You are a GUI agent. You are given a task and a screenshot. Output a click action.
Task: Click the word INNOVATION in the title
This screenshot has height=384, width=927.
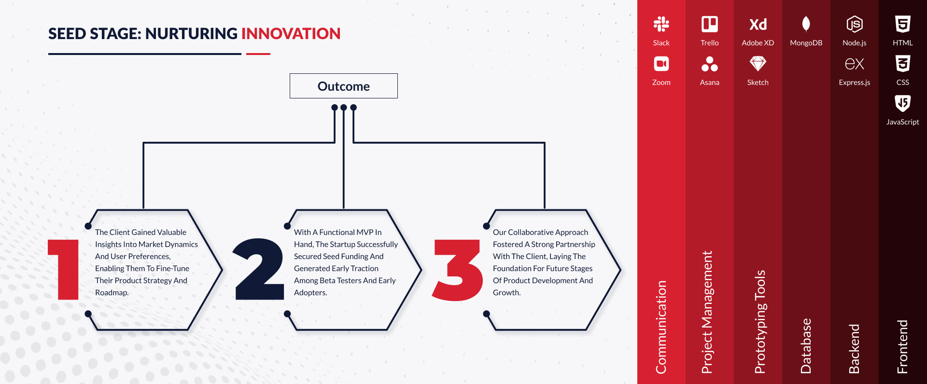(x=291, y=34)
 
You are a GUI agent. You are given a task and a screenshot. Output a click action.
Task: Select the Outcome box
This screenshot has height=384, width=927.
(x=343, y=86)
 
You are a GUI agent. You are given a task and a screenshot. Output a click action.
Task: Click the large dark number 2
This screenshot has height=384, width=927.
(x=259, y=269)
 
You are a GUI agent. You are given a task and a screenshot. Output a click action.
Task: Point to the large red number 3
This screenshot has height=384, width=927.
(x=457, y=270)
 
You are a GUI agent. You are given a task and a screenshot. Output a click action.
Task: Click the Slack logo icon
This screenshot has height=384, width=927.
(x=661, y=24)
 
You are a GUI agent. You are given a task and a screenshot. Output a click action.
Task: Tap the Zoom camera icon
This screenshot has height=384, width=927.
(x=661, y=64)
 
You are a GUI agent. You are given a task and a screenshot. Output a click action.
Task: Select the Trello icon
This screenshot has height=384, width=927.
(x=709, y=24)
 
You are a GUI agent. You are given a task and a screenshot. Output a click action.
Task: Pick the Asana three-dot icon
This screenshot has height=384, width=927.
(x=709, y=64)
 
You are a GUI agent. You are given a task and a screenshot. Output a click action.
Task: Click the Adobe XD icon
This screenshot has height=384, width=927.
(x=758, y=24)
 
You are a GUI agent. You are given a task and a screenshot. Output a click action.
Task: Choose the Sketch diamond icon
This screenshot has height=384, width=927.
(x=758, y=64)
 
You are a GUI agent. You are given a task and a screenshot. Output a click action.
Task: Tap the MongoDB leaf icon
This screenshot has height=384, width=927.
(x=806, y=24)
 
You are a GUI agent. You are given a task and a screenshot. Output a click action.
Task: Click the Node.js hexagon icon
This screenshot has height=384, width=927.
(x=854, y=24)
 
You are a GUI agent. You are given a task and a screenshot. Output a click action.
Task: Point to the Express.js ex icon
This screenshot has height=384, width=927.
(x=854, y=64)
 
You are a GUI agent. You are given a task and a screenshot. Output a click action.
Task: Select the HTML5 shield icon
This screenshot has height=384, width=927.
(x=902, y=24)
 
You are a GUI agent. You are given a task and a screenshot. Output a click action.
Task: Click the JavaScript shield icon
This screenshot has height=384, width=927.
(x=902, y=103)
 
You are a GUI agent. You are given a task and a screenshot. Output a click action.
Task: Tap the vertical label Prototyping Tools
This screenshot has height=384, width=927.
(x=760, y=322)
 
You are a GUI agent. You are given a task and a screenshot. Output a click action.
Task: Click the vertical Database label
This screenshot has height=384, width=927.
(x=806, y=346)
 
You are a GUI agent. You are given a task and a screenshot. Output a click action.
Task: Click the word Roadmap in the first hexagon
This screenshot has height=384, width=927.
(x=112, y=292)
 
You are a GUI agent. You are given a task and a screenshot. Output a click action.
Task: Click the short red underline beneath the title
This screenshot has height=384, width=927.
(x=258, y=54)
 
